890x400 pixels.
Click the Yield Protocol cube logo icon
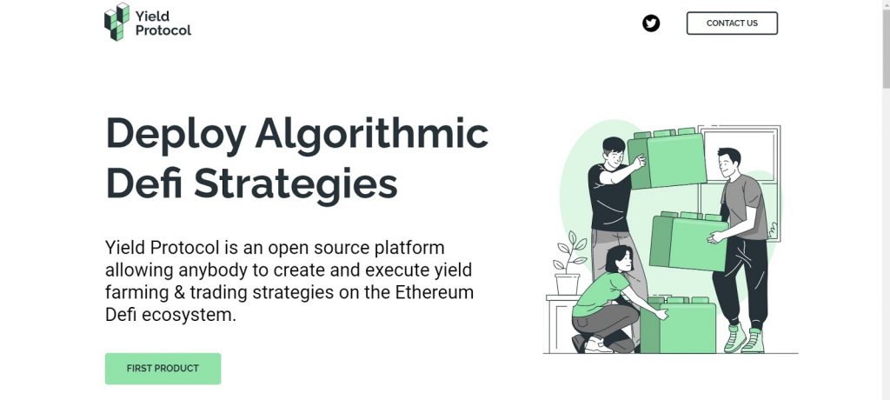117,22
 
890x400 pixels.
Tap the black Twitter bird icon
651,23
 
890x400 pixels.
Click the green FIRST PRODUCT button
163,368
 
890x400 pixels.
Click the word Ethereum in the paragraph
435,292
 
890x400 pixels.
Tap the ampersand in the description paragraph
179,293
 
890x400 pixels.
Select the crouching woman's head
619,259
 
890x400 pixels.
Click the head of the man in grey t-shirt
728,163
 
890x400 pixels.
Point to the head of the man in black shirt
613,151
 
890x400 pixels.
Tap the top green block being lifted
667,159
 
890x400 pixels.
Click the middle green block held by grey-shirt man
689,241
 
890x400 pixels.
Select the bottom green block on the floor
678,325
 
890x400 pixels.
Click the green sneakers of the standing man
744,338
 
